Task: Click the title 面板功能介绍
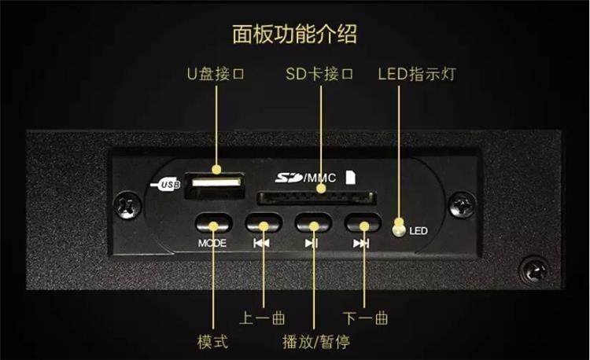click(x=294, y=35)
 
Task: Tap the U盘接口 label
click(x=216, y=75)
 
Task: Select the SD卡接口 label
click(x=319, y=75)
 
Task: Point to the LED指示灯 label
click(x=416, y=75)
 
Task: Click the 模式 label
click(x=212, y=343)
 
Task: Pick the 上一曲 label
click(x=261, y=319)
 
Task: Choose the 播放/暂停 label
click(x=315, y=343)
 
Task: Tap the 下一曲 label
click(x=366, y=319)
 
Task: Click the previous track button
click(x=262, y=223)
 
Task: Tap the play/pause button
click(x=312, y=223)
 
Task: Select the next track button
click(x=362, y=223)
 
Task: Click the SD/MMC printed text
click(x=306, y=178)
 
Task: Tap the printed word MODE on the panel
click(x=212, y=243)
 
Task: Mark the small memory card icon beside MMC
click(x=351, y=177)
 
